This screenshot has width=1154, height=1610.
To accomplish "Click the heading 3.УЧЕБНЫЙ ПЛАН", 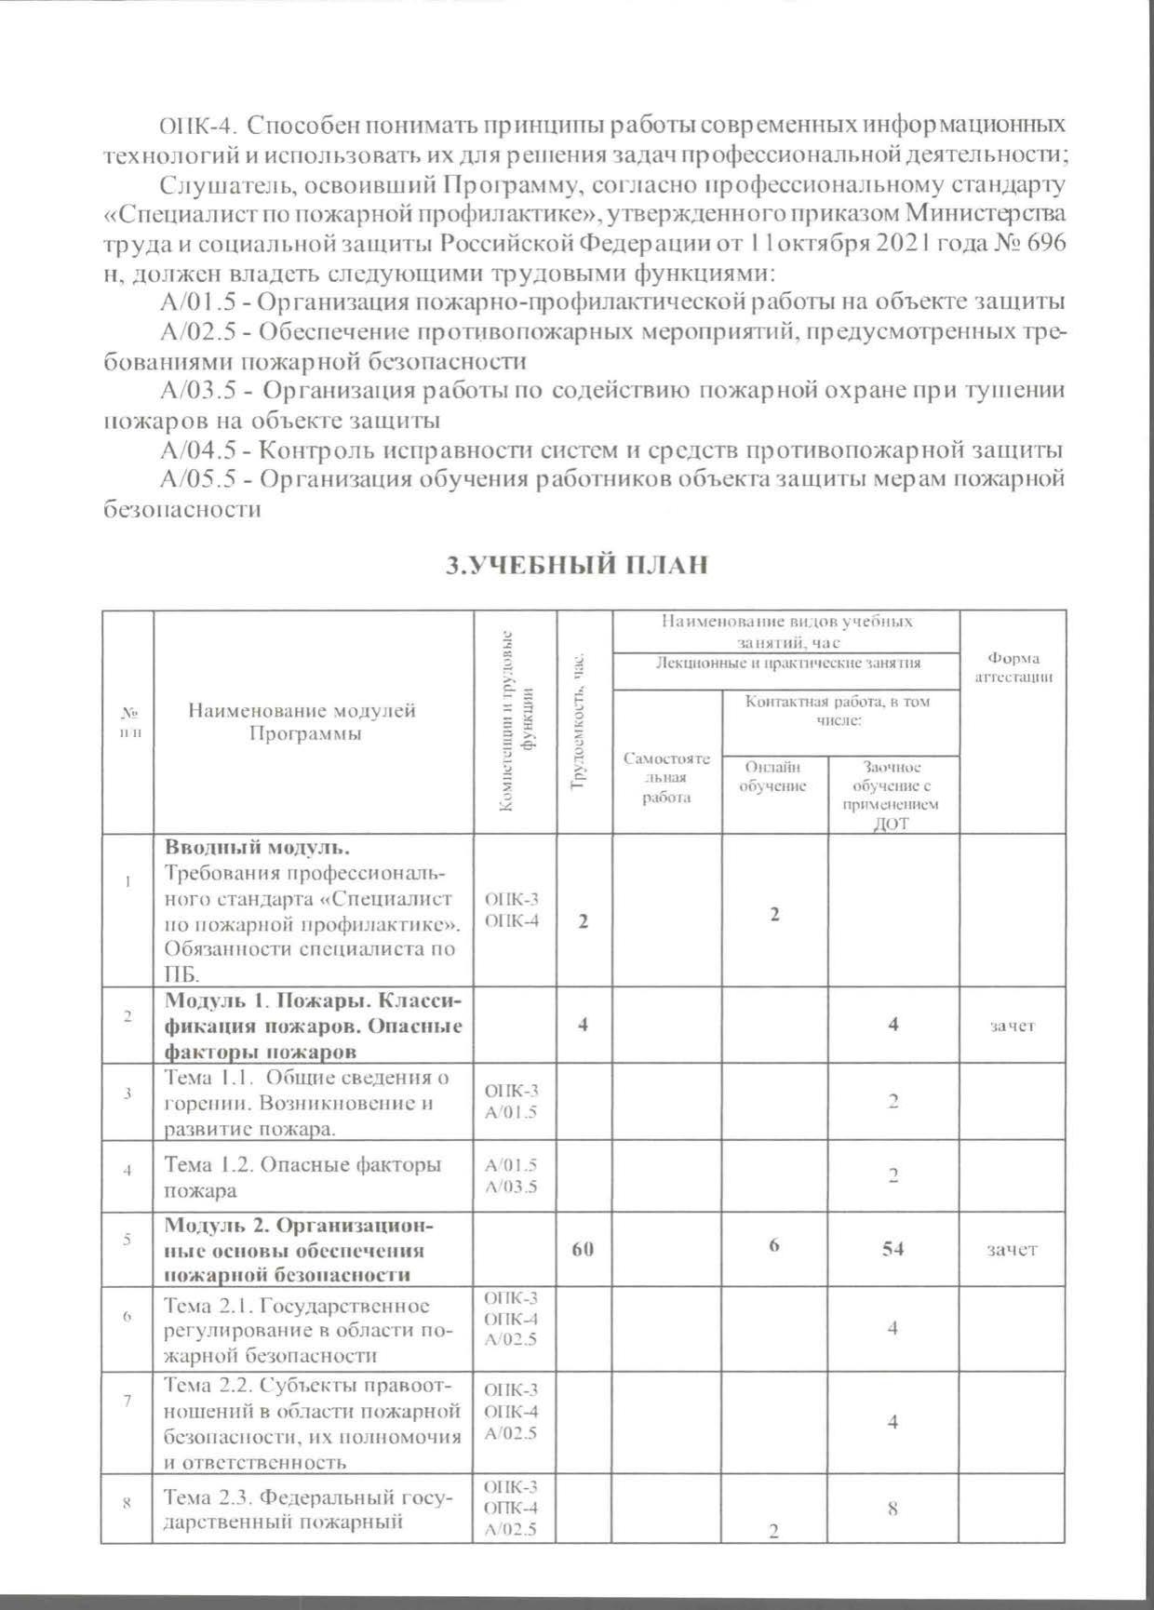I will coord(577,566).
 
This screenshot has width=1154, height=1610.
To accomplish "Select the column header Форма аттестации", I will coord(1013,667).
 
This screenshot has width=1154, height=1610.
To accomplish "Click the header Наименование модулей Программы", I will coord(302,721).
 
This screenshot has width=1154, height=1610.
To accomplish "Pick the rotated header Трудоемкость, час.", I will coord(582,723).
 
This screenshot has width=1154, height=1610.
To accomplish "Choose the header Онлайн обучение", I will coord(772,776).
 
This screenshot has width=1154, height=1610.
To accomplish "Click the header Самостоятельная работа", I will coord(666,778).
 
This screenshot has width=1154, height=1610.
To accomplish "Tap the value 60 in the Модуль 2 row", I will coord(583,1249).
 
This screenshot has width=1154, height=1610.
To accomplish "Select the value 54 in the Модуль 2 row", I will coord(892,1249).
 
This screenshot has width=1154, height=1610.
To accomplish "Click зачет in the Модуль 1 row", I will coord(1013,1026).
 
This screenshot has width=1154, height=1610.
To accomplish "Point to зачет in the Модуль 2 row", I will coord(1013,1249).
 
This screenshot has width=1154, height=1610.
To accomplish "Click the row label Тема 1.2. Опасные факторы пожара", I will coord(302,1176).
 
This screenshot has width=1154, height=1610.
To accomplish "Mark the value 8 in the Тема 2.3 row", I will coord(892,1509).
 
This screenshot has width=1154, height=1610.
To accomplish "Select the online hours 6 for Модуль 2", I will coord(773,1247).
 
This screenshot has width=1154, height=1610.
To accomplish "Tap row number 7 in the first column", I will coord(127,1401).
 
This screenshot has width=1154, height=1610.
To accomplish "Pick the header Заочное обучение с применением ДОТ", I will coord(892,796).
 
